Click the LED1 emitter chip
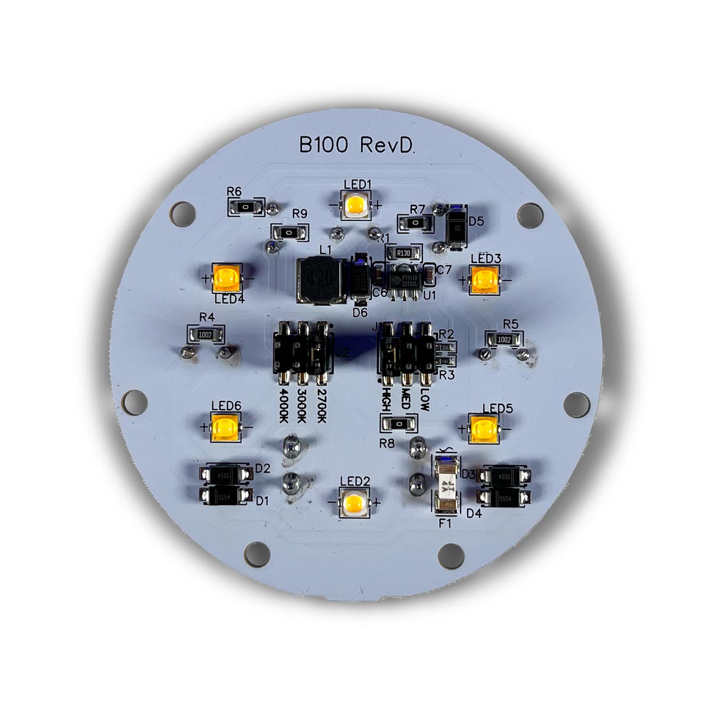(356, 206)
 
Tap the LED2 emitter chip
(356, 503)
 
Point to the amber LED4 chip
(228, 278)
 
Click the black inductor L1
(321, 280)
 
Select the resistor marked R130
(403, 253)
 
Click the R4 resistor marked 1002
(206, 334)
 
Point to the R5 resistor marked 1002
(504, 339)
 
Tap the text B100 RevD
(356, 146)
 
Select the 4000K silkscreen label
(285, 406)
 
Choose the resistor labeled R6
(244, 206)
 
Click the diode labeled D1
(225, 497)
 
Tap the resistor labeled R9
(288, 232)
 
